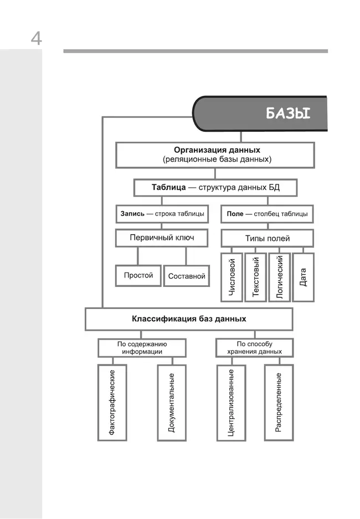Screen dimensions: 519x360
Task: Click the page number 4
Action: click(36, 39)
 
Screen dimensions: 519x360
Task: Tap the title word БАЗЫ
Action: click(288, 114)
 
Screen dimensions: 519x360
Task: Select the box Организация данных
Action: click(215, 155)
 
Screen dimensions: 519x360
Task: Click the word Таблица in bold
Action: click(168, 187)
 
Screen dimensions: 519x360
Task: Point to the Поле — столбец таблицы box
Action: click(268, 213)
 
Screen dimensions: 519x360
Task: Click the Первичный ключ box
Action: click(161, 238)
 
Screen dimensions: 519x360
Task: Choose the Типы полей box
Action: click(267, 239)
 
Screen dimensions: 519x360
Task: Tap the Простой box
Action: click(138, 275)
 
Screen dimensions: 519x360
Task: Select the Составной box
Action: click(187, 276)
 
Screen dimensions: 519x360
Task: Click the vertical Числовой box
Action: click(232, 277)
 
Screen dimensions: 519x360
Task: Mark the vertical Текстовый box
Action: click(255, 277)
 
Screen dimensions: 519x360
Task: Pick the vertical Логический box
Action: click(279, 277)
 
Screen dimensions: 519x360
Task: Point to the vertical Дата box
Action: click(303, 277)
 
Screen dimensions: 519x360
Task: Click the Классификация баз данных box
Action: click(189, 319)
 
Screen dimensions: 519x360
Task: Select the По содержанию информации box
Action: click(142, 347)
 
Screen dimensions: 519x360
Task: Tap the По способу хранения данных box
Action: click(254, 347)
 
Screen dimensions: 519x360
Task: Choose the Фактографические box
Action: click(112, 402)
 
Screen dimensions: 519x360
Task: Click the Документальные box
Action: click(172, 402)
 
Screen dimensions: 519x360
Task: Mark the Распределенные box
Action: click(279, 402)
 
